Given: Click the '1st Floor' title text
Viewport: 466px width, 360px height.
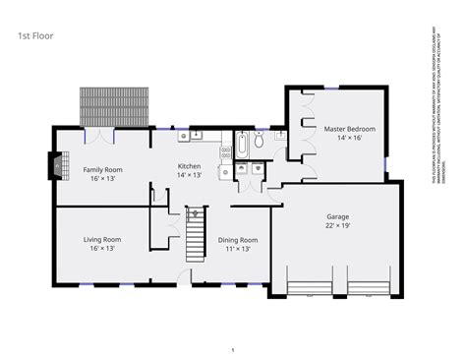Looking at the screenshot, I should pos(34,37).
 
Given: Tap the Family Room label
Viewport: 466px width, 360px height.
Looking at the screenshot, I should pos(101,169).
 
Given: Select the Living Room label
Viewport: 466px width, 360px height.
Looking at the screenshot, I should pos(101,239).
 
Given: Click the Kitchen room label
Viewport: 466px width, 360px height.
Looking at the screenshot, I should pos(189,166).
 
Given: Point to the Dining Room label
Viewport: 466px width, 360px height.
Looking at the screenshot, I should pos(238,240).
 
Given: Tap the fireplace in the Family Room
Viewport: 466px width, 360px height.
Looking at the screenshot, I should pos(57,167).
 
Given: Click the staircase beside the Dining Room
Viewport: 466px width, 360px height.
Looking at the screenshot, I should pos(195,235).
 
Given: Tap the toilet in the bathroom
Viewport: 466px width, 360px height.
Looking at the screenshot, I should pos(259,143).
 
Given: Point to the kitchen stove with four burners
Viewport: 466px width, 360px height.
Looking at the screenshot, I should pos(225,169).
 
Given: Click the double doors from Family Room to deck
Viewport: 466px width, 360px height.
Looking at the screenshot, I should pos(100,129).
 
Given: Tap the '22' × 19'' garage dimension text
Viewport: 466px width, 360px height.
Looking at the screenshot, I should pos(338,225).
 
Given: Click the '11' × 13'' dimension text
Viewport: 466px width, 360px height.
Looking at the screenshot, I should pos(238,249).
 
